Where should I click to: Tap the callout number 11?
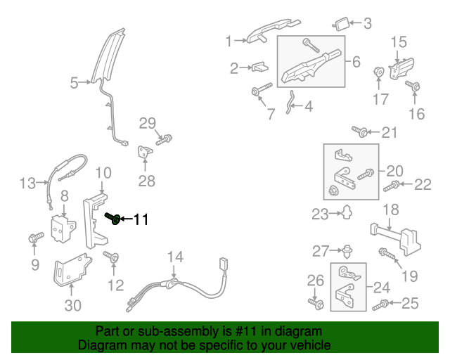141,220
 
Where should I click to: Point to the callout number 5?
75,84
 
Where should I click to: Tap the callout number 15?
399,42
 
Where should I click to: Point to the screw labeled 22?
392,186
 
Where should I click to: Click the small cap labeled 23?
346,212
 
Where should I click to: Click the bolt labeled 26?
315,303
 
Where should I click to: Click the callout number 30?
73,305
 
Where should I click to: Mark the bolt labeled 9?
34,239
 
